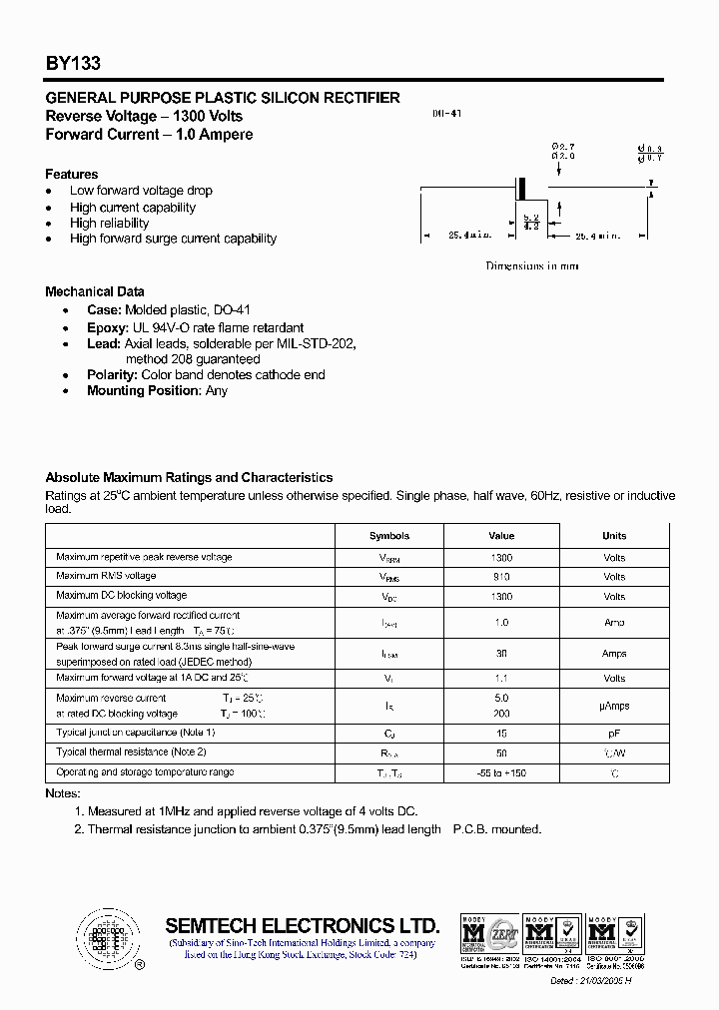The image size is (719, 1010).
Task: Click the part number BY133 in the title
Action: [x=72, y=63]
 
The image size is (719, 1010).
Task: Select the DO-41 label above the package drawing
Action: [x=446, y=115]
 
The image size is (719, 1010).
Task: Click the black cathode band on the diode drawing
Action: [x=520, y=187]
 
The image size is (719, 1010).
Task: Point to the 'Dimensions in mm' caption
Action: [x=531, y=266]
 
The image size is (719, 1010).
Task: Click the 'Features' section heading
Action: [x=72, y=174]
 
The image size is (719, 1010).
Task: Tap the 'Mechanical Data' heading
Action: [x=95, y=291]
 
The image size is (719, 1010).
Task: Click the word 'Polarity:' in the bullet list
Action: [x=112, y=374]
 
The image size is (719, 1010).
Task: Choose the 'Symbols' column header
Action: [x=389, y=536]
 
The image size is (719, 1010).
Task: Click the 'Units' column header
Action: [x=614, y=536]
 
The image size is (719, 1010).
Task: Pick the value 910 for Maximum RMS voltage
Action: [x=501, y=577]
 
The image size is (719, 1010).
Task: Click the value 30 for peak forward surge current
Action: [x=501, y=654]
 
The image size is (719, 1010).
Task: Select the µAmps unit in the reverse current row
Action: [x=614, y=706]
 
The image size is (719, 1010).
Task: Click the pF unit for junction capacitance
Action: [x=614, y=733]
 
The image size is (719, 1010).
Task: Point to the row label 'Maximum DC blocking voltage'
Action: [x=122, y=595]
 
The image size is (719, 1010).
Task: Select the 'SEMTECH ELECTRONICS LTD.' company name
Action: [x=302, y=924]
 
